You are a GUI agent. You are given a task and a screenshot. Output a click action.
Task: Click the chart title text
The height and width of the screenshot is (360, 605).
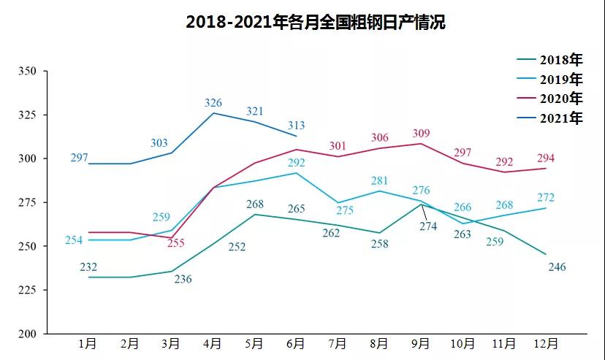[315, 22]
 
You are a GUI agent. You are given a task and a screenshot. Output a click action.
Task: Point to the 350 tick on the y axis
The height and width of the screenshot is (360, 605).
[27, 72]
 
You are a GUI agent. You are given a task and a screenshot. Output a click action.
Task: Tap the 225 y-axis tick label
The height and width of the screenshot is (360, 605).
[27, 290]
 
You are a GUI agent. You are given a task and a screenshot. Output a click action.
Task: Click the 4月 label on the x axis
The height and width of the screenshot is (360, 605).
[213, 343]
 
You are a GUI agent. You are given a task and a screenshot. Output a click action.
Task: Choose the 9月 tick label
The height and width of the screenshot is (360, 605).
[422, 343]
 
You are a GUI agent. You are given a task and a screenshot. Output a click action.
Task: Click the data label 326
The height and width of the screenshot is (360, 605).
[213, 103]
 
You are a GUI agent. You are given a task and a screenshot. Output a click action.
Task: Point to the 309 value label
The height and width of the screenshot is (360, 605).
[421, 134]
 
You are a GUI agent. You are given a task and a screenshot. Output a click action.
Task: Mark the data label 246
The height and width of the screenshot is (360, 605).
[557, 267]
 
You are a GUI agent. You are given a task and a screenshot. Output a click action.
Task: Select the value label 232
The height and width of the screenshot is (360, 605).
[88, 267]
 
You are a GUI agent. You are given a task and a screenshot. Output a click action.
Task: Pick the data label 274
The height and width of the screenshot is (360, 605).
[428, 226]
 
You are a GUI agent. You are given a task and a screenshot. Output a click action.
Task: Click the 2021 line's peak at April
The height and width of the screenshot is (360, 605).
[213, 113]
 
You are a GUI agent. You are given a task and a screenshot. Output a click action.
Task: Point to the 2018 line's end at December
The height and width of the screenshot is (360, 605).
[547, 254]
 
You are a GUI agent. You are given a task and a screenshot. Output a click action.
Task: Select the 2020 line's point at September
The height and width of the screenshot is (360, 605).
[422, 143]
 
